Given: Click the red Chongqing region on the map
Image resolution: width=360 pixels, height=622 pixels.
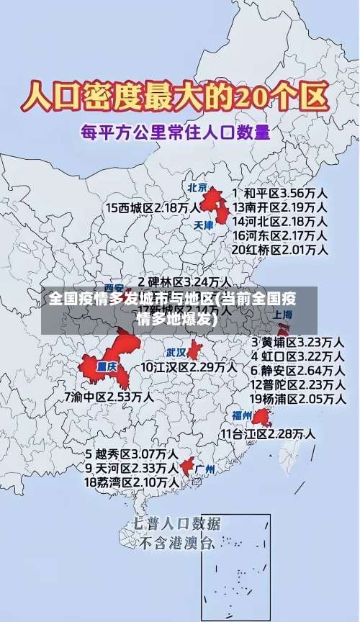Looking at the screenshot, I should coord(108,364).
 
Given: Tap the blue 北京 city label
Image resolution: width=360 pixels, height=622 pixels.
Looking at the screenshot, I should coord(197,187).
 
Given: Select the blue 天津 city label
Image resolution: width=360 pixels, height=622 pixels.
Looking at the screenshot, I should coord(204,225).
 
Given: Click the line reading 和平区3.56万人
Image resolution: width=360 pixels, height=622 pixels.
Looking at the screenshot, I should coord(280,193).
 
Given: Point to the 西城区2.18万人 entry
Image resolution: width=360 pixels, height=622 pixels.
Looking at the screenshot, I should coord(153,207).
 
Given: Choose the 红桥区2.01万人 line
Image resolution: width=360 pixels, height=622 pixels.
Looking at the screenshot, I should coord(280,250).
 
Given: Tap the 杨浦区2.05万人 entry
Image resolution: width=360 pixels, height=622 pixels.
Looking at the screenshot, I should coord(297,398).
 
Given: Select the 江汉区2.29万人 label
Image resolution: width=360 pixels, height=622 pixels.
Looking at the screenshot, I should coord(189,367).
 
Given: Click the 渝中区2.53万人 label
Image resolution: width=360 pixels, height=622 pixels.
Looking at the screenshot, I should coord(109,396).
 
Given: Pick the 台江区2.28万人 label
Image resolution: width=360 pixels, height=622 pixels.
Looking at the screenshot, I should coord(267,433).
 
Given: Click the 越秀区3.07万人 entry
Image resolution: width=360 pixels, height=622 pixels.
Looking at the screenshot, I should coord(132,454).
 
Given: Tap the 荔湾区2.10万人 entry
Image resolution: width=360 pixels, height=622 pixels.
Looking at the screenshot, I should coord(132,482).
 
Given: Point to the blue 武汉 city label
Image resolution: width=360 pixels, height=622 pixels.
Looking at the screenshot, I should coord(175,353).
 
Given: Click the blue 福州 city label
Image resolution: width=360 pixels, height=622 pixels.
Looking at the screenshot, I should coord(241,415).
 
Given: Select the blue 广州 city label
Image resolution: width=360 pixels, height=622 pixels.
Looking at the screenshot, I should coord(205,469).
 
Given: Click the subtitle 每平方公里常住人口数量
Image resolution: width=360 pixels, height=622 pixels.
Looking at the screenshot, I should coord(175,132).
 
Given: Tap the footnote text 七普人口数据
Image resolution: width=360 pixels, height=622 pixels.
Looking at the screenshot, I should coord(177,523).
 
